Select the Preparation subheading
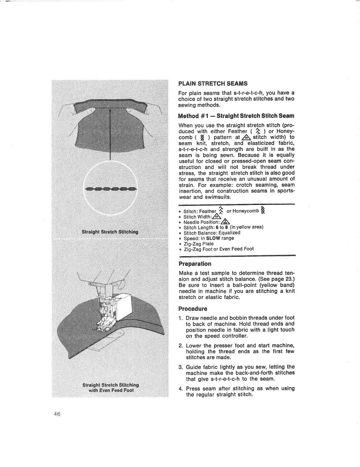(195, 264)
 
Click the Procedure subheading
(193, 309)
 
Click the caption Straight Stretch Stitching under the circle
(110, 232)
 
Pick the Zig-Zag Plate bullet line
(199, 244)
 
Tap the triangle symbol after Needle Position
(226, 222)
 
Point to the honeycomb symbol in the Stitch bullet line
(263, 211)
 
